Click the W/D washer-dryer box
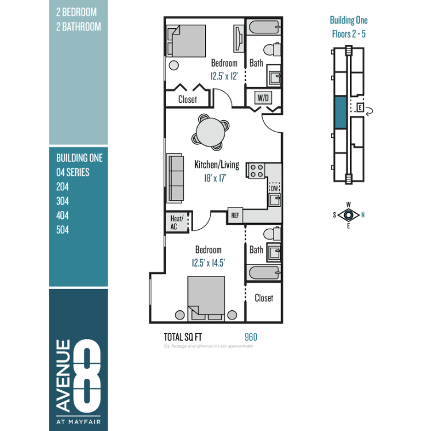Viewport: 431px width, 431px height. (x=263, y=98)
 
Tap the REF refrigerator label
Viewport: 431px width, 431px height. (x=235, y=215)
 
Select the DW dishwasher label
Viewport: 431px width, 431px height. (x=274, y=188)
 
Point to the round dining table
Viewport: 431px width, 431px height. (x=211, y=132)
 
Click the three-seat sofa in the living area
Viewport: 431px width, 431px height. (x=175, y=178)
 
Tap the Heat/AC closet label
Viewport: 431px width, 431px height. (x=176, y=222)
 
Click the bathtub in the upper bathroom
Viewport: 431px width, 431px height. (x=264, y=27)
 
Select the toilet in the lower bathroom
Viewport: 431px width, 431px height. (x=272, y=234)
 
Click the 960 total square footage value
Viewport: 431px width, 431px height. (x=251, y=337)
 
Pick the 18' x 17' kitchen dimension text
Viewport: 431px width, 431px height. (x=215, y=178)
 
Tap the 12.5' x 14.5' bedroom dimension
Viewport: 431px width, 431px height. (x=209, y=263)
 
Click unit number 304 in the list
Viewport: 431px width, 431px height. (x=63, y=201)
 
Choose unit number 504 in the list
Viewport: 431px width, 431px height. (x=63, y=230)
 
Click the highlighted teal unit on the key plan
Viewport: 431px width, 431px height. (x=341, y=112)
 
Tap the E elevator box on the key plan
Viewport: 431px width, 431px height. (x=360, y=107)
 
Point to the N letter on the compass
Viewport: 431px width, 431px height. (x=363, y=215)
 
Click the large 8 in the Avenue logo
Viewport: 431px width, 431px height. (x=87, y=375)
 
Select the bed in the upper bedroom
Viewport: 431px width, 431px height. (x=186, y=41)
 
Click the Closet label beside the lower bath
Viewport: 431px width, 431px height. (x=264, y=298)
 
